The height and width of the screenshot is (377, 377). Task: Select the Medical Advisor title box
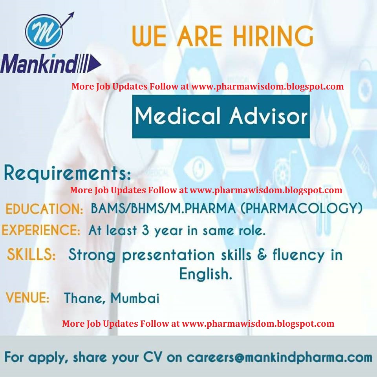(x=221, y=116)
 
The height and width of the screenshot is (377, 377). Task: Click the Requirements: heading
(x=67, y=174)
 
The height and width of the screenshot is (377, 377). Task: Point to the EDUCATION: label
(x=44, y=209)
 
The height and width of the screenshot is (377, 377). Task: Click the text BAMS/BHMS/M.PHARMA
(x=163, y=208)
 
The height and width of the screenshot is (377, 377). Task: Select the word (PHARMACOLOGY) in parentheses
(x=301, y=208)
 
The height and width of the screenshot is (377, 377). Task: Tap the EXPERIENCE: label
(x=41, y=230)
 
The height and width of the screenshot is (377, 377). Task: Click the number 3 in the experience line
(x=145, y=230)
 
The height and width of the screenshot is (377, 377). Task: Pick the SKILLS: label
(x=31, y=254)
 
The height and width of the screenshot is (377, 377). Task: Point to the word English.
(x=205, y=274)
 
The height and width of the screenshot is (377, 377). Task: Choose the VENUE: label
(x=27, y=298)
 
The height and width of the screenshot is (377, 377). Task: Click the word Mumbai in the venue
(x=135, y=298)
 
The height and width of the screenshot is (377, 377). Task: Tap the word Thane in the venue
(x=85, y=298)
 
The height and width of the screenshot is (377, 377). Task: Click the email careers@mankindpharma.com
(x=279, y=358)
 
